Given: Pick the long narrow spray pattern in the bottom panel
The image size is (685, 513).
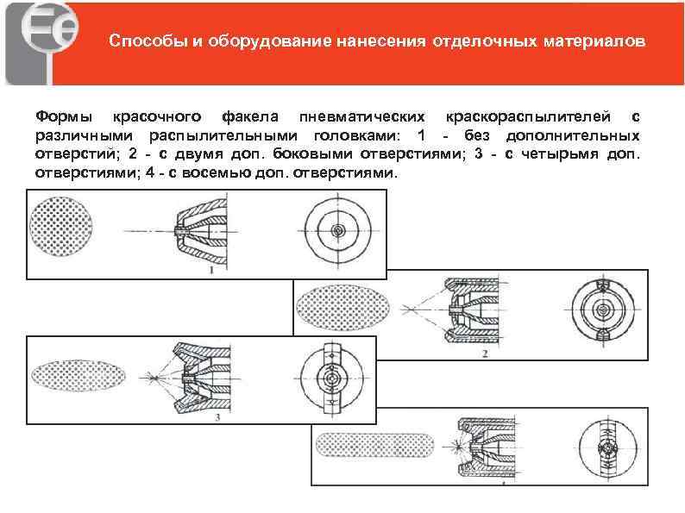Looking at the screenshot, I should click(x=373, y=445).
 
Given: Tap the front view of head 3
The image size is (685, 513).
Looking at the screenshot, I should click(x=331, y=377).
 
